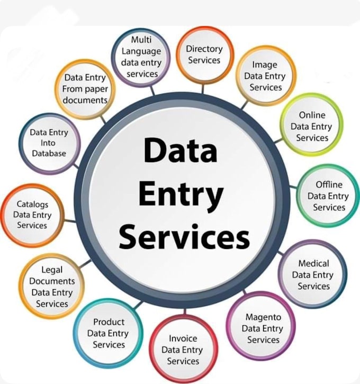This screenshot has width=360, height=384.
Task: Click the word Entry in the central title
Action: click(x=181, y=195)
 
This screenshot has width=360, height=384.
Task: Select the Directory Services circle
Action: click(x=204, y=55)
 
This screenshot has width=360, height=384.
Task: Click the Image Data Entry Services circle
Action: click(x=266, y=76)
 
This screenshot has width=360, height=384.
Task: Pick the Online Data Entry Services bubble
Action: click(x=311, y=124)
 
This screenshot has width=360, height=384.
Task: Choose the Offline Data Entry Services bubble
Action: click(x=328, y=195)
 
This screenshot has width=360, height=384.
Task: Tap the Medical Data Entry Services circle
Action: click(x=312, y=274)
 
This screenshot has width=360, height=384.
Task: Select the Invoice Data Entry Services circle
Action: click(x=183, y=350)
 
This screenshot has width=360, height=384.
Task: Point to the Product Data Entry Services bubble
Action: click(x=108, y=333)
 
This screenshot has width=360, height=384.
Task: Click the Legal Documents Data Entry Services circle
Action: click(x=51, y=286)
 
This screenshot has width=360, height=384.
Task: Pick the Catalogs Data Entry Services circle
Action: click(x=32, y=215)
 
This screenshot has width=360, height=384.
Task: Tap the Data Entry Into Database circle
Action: click(x=49, y=144)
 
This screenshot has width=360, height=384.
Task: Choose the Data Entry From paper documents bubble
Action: click(x=85, y=89)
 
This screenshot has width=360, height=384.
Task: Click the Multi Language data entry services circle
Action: click(x=141, y=58)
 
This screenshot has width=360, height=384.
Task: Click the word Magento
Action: click(x=263, y=317)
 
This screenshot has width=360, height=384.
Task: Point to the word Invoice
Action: click(x=183, y=338)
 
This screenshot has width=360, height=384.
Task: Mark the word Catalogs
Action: click(x=32, y=204)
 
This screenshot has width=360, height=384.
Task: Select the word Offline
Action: click(x=329, y=184)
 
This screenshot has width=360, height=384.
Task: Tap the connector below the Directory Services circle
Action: click(x=203, y=88)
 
